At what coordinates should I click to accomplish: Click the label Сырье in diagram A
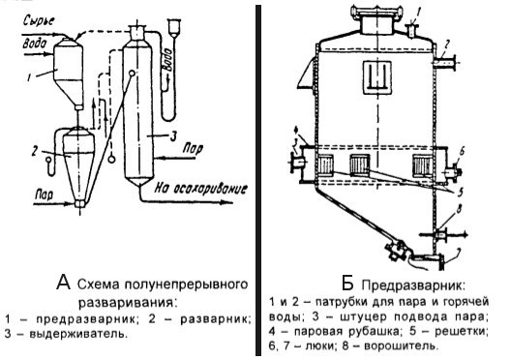(x=39, y=20)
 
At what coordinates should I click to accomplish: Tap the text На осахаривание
(x=200, y=189)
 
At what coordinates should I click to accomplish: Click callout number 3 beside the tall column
(x=173, y=136)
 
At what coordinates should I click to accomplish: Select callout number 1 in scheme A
(x=29, y=77)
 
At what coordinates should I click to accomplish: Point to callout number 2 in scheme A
(x=35, y=152)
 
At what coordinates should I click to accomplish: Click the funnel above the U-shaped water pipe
(x=174, y=27)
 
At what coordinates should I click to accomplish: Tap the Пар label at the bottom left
(x=44, y=195)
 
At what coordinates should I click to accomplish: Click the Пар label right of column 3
(x=193, y=149)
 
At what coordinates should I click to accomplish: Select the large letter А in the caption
(x=63, y=283)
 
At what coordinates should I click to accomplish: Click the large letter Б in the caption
(x=347, y=284)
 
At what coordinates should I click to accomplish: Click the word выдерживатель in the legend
(x=78, y=334)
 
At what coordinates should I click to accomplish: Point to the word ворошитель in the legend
(x=400, y=345)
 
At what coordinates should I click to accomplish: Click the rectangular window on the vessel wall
(x=377, y=76)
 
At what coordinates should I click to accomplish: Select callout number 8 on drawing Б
(x=459, y=209)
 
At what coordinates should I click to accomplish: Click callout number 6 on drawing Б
(x=462, y=151)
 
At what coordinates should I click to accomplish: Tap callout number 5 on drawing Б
(x=460, y=192)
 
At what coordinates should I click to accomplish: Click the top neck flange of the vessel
(x=376, y=11)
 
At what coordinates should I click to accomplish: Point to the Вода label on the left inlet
(x=35, y=43)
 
